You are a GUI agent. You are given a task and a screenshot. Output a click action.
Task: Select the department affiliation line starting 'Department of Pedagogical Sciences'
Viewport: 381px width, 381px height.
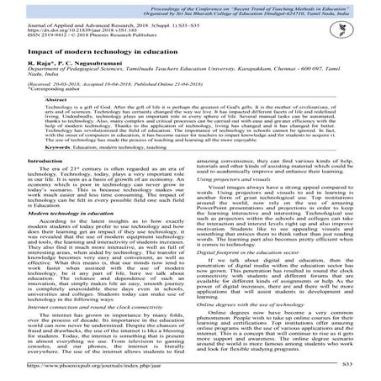pos(168,95)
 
